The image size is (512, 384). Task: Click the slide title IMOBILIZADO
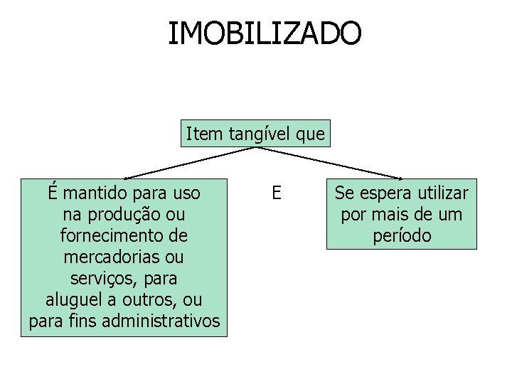tap(265, 33)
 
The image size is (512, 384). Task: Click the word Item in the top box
tap(201, 133)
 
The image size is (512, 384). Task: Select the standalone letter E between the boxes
tap(277, 193)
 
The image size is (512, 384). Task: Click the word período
tap(402, 235)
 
